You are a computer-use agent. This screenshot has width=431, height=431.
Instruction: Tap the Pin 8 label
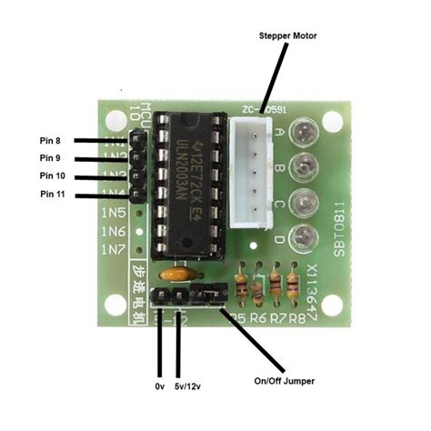(x=53, y=141)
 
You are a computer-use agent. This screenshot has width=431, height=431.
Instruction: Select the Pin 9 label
(x=53, y=158)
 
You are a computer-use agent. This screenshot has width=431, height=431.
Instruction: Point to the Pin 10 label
(x=52, y=175)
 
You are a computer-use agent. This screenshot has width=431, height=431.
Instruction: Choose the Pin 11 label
(x=52, y=194)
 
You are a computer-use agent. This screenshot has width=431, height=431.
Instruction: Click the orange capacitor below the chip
(x=178, y=272)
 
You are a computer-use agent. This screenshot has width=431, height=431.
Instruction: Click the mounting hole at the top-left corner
(x=115, y=121)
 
